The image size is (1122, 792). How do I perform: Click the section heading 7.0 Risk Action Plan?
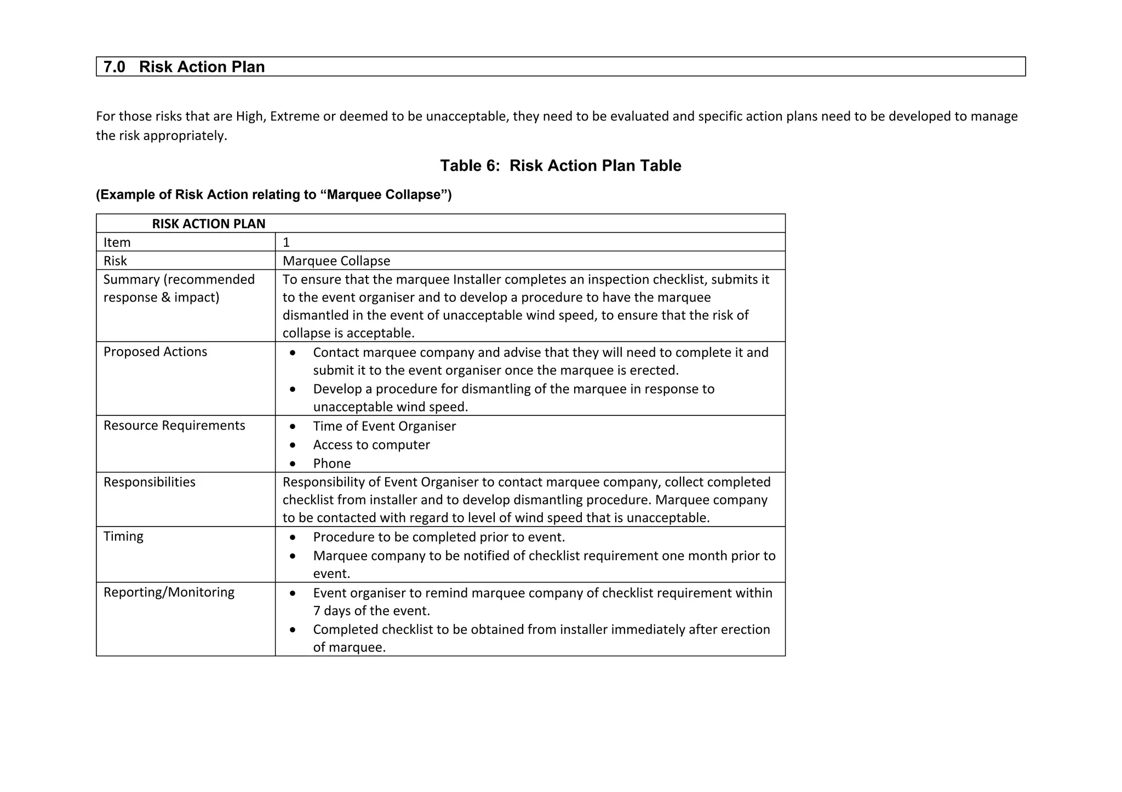184,67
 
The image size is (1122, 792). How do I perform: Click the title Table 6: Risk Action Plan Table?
560,166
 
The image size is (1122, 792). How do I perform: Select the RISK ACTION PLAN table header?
209,224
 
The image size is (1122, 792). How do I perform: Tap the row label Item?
117,242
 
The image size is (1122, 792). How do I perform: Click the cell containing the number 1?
286,242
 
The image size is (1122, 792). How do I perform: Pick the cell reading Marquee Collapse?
336,261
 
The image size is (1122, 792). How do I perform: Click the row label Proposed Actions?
155,352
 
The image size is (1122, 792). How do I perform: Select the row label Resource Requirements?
174,426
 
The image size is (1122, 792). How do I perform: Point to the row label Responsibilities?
149,482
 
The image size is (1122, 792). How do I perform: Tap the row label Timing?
123,536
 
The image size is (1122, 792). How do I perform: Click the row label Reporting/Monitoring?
169,592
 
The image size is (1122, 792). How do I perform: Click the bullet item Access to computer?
371,445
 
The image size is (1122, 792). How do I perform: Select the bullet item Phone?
332,464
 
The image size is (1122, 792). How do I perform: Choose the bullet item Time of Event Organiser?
384,426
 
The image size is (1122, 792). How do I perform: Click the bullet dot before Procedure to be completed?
294,537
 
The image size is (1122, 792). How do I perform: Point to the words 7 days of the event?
371,611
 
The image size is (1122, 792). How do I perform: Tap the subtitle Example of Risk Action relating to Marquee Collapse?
274,195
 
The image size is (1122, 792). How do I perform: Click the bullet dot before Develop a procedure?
294,389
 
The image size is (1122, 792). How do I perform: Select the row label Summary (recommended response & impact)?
179,288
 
